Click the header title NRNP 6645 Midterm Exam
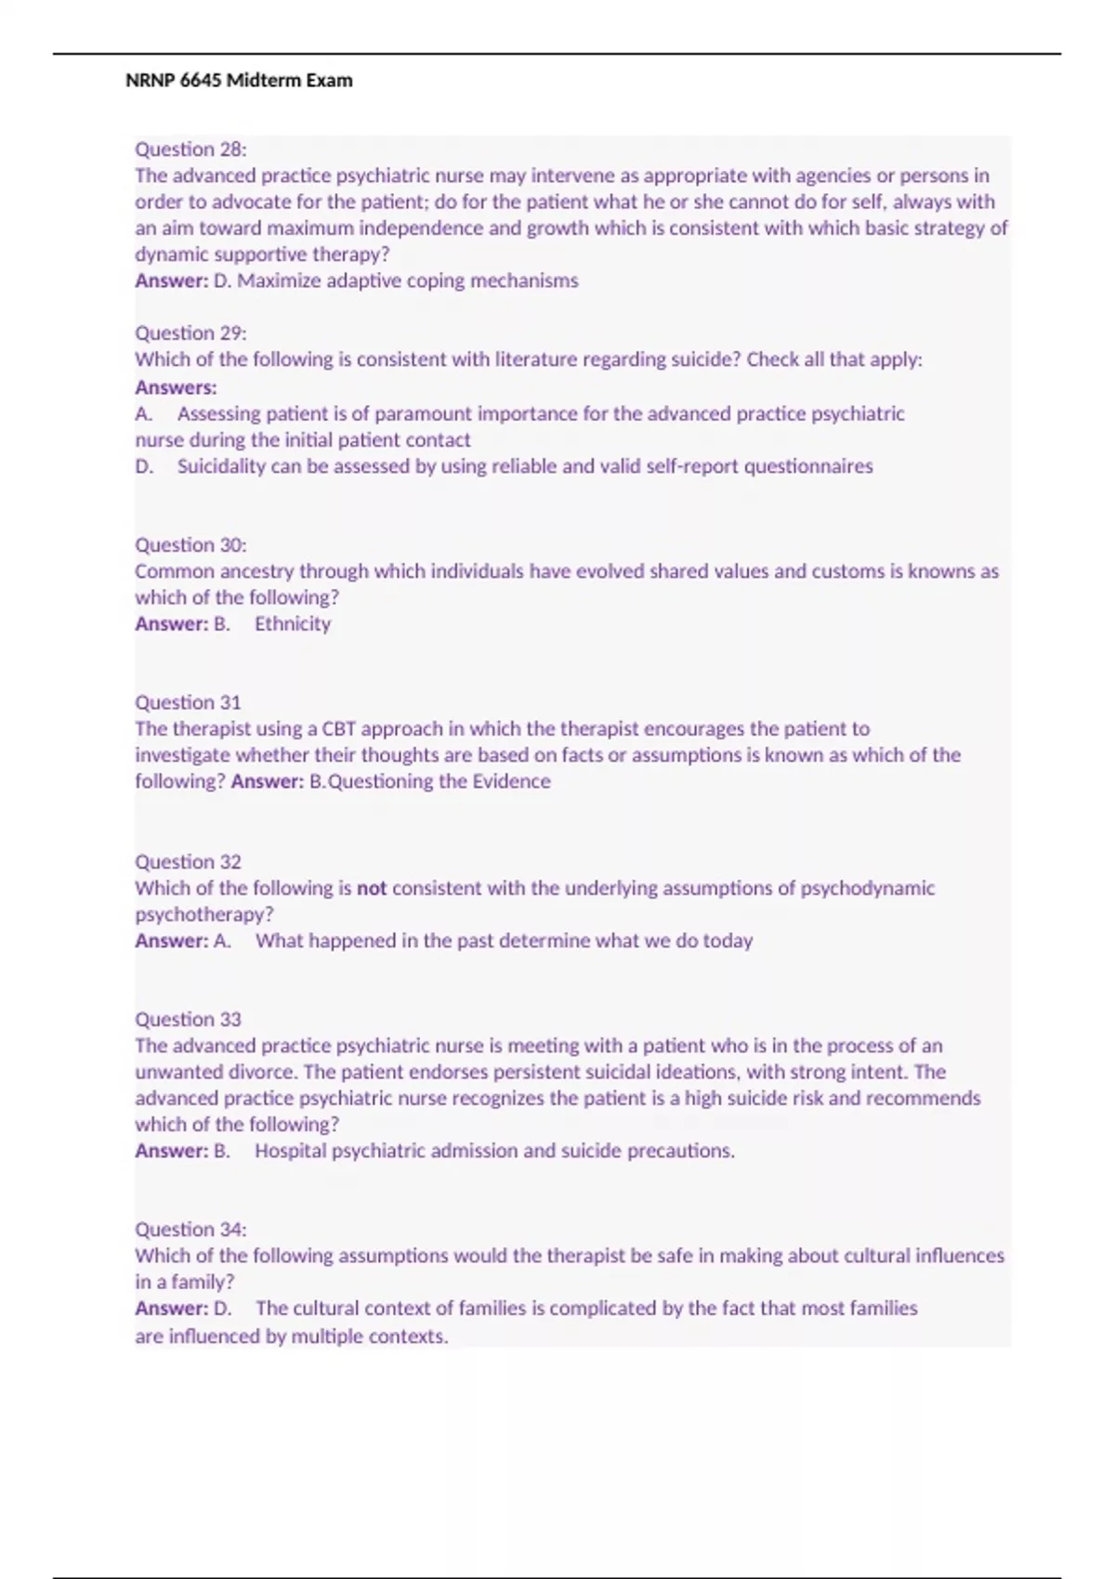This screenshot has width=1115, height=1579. (239, 81)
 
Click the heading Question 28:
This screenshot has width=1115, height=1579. (190, 150)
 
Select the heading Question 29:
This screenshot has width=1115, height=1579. (190, 333)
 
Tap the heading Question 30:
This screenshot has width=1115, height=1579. (190, 545)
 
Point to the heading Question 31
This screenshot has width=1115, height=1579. (188, 703)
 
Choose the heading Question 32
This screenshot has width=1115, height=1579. (188, 862)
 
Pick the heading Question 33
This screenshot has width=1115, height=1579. (188, 1020)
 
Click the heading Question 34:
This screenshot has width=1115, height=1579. (190, 1230)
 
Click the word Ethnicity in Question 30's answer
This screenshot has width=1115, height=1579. (293, 624)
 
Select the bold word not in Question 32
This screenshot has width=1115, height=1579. (372, 889)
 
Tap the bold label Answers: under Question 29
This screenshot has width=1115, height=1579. (176, 387)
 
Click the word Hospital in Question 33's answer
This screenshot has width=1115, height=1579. (290, 1151)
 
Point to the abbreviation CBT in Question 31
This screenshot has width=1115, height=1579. (339, 729)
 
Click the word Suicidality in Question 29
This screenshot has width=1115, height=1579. (221, 466)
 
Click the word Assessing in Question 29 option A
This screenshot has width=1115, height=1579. (219, 414)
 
